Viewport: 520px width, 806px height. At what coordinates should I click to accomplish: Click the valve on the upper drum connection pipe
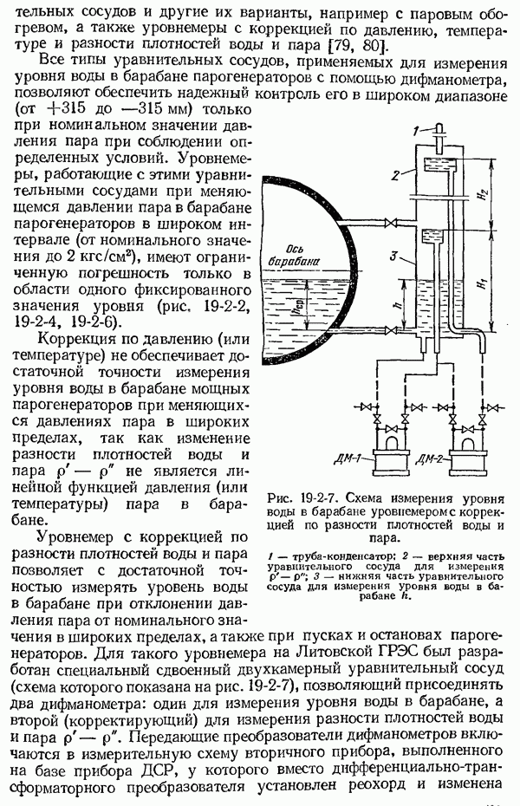[x=390, y=225]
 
